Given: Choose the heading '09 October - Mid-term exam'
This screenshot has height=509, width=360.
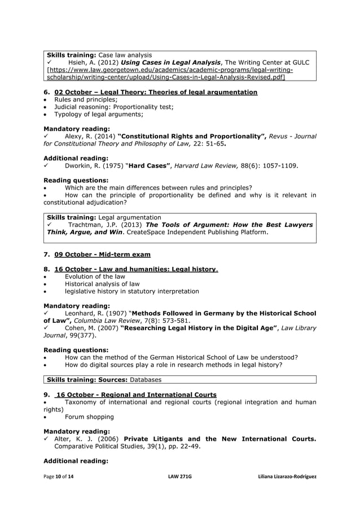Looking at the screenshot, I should tap(102, 254).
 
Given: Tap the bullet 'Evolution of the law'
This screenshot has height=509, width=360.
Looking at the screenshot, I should tap(95, 277).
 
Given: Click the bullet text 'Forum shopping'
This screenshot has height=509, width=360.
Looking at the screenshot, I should tap(89, 417).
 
